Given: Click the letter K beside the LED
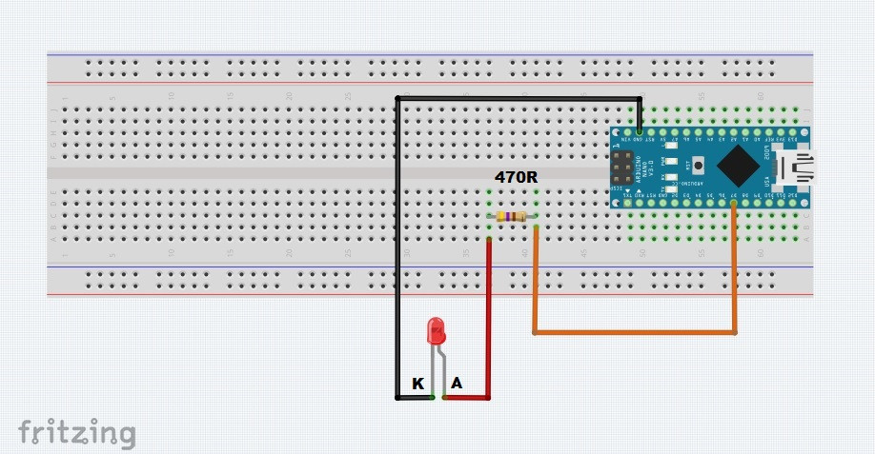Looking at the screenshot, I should (x=417, y=384).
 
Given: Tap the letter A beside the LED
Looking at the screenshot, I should (x=457, y=384).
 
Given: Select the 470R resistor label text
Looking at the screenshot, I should (x=515, y=176).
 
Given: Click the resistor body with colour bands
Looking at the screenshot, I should (x=513, y=217).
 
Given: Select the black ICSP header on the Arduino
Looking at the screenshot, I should (x=624, y=167).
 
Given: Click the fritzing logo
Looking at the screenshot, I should (x=76, y=432).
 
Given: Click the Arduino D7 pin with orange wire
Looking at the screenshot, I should (x=734, y=203).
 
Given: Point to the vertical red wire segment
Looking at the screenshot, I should (x=489, y=314).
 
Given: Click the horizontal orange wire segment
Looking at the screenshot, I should (x=634, y=332).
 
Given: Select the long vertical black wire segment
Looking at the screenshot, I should (x=397, y=247).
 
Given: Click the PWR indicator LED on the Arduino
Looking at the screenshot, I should (x=671, y=160).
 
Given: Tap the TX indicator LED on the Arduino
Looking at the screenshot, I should (x=671, y=188).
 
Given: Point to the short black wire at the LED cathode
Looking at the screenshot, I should (x=414, y=397).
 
